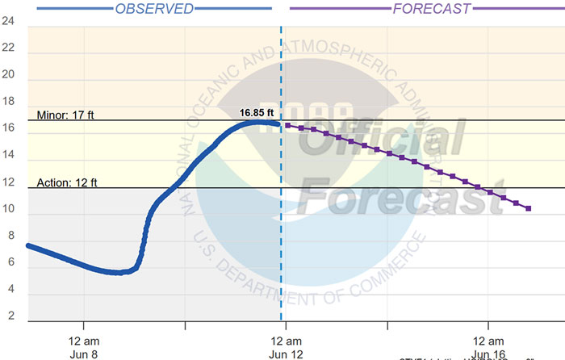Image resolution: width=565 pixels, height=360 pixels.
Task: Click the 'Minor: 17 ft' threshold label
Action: [x=66, y=115]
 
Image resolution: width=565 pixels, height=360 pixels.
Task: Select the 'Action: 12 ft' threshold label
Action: [x=67, y=182]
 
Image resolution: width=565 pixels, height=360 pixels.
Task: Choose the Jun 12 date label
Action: [x=286, y=353]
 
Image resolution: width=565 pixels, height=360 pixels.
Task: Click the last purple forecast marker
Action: [x=529, y=209]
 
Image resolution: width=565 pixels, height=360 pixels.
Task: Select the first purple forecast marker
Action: [x=288, y=125]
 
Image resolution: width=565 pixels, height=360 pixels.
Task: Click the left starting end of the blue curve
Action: [x=29, y=245]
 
